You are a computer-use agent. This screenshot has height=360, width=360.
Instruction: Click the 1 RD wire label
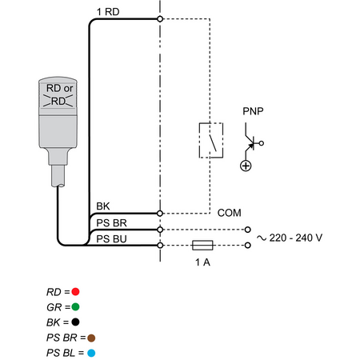(108, 12)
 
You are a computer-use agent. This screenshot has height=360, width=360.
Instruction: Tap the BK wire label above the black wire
(103, 206)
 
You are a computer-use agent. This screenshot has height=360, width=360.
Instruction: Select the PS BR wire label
(111, 223)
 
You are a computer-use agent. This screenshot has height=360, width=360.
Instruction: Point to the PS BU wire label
(111, 239)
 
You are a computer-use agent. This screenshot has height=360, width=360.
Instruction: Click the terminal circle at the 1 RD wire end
(160, 19)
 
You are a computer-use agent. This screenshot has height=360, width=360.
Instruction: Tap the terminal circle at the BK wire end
(160, 214)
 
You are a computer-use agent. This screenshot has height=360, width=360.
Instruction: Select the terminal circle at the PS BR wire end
(160, 230)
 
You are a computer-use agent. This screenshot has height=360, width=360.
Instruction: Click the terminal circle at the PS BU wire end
(160, 245)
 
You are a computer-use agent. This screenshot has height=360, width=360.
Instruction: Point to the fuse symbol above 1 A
(202, 245)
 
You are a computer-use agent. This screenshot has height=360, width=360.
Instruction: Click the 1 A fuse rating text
(202, 262)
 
